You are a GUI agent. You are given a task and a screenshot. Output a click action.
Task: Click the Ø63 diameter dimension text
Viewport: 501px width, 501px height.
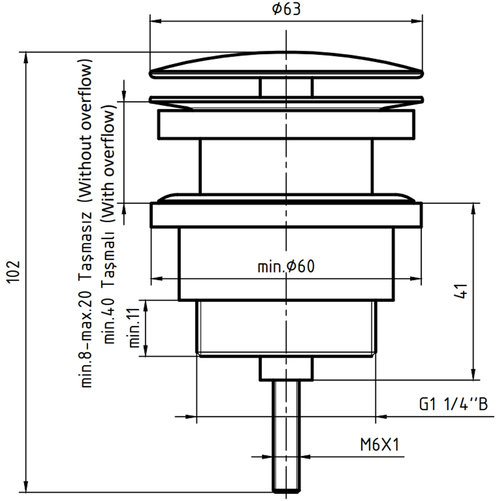[287, 10]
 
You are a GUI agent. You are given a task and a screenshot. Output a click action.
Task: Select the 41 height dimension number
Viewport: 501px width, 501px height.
[462, 291]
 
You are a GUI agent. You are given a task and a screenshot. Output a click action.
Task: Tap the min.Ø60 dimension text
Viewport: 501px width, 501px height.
[286, 267]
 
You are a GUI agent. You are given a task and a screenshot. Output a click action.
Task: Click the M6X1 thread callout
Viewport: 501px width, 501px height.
[379, 444]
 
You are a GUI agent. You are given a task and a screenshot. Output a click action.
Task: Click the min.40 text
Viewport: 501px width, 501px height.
[110, 320]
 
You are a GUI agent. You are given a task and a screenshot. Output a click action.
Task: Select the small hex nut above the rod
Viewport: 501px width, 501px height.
[286, 368]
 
